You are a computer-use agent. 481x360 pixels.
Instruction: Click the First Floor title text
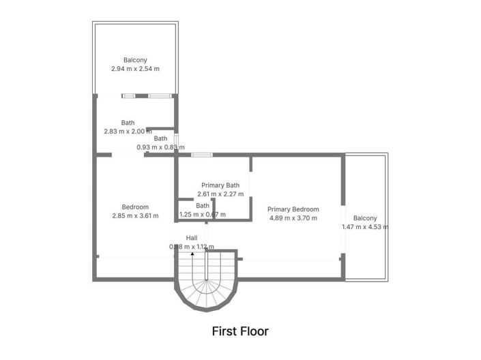240,331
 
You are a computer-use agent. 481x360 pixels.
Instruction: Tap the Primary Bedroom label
293,209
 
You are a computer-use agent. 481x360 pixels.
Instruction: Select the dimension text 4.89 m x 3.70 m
293,218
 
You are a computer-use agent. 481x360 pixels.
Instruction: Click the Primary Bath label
220,185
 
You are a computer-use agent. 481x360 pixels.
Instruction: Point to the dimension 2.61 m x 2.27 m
220,194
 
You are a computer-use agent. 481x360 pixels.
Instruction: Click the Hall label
192,238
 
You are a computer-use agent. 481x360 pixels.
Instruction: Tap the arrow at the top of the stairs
192,254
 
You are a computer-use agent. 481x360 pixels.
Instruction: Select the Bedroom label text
135,207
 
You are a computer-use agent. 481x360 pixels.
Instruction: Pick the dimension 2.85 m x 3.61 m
135,215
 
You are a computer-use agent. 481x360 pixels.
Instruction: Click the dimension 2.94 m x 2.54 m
135,69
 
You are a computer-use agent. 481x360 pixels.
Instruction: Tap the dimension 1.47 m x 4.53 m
365,227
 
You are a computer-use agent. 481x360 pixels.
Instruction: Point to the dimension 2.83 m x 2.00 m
128,132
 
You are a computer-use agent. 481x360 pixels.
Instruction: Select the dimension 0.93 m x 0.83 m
160,147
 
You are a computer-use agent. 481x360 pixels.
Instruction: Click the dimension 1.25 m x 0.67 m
203,214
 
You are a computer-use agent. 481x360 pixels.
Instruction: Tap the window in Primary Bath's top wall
201,155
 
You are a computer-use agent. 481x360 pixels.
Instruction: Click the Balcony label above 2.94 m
135,60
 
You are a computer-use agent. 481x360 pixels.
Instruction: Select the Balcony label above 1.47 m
365,218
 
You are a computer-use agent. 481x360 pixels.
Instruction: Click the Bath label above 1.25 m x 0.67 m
203,205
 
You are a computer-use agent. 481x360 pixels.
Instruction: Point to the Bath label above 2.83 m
128,123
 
